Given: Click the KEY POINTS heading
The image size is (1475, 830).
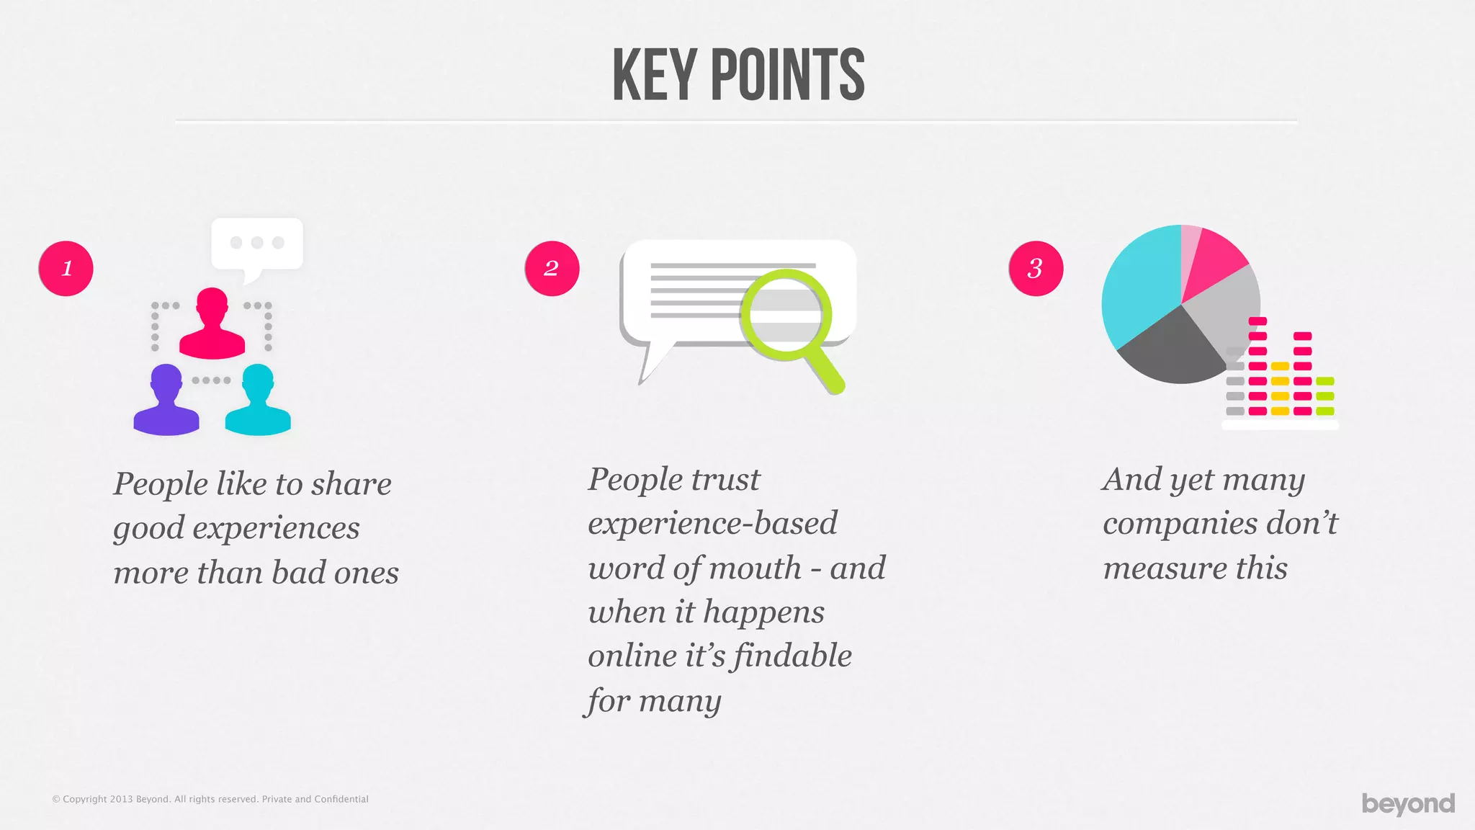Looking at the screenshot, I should (x=737, y=75).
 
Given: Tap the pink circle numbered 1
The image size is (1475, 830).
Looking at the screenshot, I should (x=66, y=268).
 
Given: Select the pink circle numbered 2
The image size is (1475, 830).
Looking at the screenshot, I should (x=552, y=268).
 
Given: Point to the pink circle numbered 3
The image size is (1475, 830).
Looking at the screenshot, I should (x=1036, y=268).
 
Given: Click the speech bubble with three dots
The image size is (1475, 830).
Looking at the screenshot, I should (x=256, y=245).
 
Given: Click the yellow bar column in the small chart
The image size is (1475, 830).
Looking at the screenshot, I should (x=1280, y=389).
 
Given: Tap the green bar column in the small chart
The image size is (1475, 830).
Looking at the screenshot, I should (x=1324, y=396).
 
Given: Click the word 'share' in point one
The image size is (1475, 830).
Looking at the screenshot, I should (x=351, y=484).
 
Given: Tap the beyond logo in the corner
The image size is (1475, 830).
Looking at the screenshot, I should (x=1408, y=803).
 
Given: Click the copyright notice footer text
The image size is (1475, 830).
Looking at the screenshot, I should (x=210, y=799).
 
